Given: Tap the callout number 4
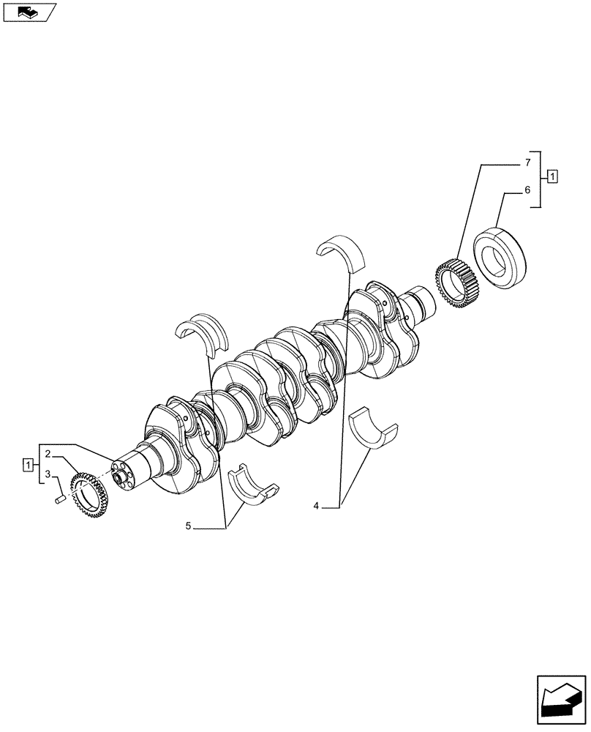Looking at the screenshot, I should point(315,506).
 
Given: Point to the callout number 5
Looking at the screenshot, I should point(188,526).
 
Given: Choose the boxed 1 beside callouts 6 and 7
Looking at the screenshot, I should point(552,176).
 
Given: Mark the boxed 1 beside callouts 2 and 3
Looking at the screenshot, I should point(28,464).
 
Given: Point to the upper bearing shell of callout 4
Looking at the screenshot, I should point(342,253).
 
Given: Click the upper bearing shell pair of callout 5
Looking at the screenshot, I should point(203,333).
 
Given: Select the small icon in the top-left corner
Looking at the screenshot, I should point(30,12).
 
